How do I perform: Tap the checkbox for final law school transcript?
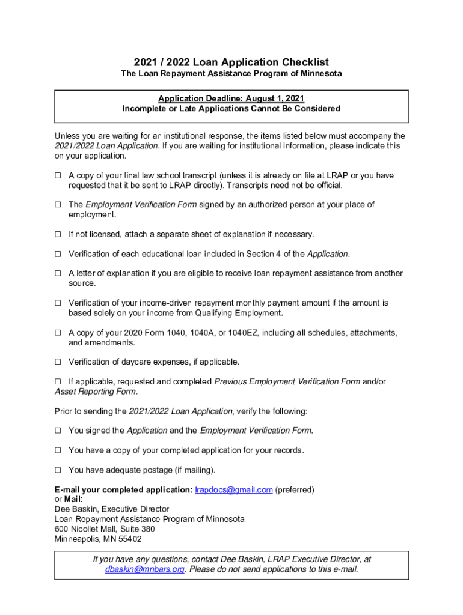click(x=58, y=176)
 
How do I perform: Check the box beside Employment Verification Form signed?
click(x=58, y=205)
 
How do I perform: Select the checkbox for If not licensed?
click(x=58, y=234)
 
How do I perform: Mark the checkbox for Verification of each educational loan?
click(x=58, y=254)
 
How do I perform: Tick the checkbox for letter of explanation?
click(x=58, y=273)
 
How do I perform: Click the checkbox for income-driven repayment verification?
click(x=58, y=303)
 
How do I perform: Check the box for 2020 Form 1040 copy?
click(x=58, y=333)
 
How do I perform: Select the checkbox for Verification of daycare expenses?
click(x=58, y=362)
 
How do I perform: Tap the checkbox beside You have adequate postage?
click(x=58, y=470)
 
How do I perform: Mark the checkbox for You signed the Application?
click(x=58, y=431)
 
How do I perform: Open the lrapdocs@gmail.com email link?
click(x=234, y=489)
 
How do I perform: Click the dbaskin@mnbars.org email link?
click(x=144, y=569)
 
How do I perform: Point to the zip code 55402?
click(x=129, y=539)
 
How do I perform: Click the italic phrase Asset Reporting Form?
click(x=95, y=392)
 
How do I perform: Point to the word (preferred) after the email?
click(x=295, y=489)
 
